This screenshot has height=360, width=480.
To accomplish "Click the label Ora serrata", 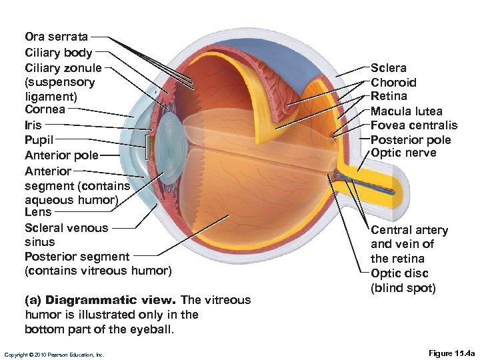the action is [56, 36].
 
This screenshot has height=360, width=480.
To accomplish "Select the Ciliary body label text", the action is [59, 52].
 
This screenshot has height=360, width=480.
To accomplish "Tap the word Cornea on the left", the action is [45, 109].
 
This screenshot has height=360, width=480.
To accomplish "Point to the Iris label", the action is [33, 125].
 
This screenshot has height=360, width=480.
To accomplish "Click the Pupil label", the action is [39, 140].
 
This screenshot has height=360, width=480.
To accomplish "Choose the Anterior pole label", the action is [61, 155].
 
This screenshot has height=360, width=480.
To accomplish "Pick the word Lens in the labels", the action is [38, 212].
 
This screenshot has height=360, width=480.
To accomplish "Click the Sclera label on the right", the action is [389, 68].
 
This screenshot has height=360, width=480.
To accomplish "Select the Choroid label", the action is [393, 83].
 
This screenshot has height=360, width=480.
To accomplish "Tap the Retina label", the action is [389, 97].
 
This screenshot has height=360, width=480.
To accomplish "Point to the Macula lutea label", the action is [407, 111].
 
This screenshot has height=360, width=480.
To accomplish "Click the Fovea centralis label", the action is [414, 125].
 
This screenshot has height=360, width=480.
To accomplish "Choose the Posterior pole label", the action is [411, 140].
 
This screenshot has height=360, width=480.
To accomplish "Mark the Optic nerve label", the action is [403, 153].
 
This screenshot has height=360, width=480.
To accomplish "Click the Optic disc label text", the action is [399, 273].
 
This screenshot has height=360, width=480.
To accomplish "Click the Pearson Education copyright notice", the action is [54, 355].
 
